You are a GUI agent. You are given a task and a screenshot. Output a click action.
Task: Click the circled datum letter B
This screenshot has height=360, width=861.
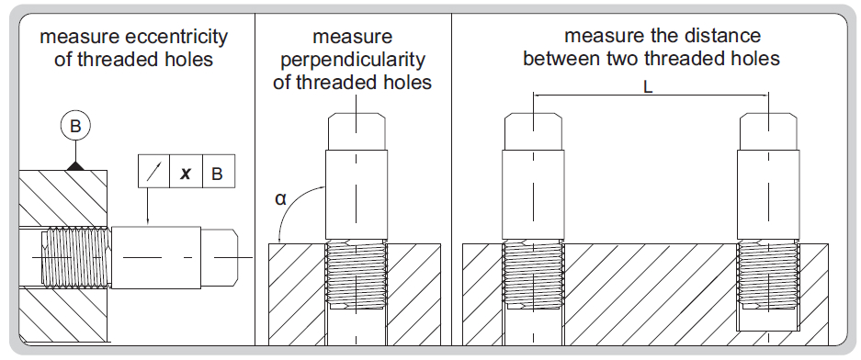75,126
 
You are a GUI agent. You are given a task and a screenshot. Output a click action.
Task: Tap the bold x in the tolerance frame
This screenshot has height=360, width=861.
187,174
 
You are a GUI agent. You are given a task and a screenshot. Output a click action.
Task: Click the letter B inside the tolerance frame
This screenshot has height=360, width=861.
218,174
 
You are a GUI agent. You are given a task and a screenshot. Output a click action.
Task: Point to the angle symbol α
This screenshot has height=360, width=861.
280,198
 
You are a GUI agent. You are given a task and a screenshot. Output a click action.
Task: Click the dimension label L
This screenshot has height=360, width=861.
648,87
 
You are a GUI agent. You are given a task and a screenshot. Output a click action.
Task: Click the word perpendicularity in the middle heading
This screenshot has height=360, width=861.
353,60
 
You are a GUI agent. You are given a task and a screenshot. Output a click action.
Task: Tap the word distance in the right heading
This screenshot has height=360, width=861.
721,36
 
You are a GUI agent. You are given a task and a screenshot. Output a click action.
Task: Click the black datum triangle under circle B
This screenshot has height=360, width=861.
75,165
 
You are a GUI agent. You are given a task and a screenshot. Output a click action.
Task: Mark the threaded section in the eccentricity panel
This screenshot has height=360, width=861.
75,257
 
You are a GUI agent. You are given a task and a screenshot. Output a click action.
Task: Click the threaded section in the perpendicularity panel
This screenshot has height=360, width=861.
357,276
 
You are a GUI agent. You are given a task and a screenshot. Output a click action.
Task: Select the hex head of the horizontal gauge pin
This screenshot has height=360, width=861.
220,257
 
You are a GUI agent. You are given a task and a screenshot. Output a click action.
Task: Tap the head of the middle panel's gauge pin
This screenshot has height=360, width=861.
357,131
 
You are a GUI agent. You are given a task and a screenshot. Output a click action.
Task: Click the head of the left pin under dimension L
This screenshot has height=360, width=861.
533,131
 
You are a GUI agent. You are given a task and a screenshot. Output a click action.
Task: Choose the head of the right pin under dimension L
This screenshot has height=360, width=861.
769,131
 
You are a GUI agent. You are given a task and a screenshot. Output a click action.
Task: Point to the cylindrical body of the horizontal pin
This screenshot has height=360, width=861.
156,257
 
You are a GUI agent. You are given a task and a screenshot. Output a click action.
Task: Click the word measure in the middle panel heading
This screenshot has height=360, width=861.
353,37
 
